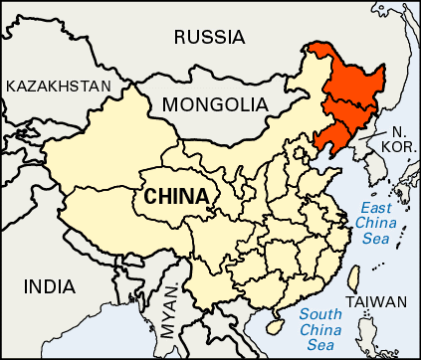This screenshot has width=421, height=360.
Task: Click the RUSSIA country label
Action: click(208, 38)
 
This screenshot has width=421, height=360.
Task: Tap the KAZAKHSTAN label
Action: click(58, 87)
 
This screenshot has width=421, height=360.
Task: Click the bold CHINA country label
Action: click(176, 196)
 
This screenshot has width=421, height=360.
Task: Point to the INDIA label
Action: click(49, 287)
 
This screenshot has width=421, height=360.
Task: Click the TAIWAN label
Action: click(376, 302)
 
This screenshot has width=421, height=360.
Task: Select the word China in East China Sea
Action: click(377, 224)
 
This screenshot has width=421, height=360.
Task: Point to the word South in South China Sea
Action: click(319, 315)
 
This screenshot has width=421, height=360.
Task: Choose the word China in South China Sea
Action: click(321, 330)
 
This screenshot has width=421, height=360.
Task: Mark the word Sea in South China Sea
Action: click(320, 345)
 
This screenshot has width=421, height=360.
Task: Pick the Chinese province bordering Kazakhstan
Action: click(100, 139)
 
